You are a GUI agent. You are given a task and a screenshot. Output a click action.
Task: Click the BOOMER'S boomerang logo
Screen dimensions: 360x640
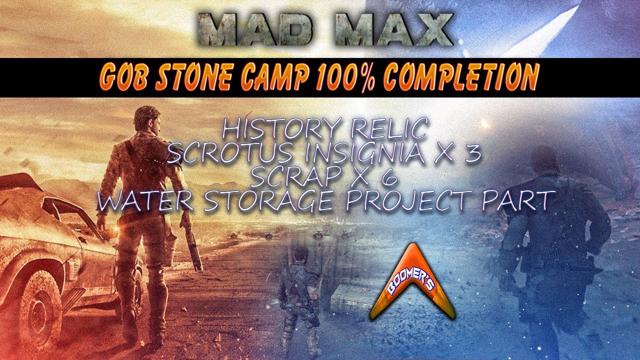pyautogui.click(x=413, y=285)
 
